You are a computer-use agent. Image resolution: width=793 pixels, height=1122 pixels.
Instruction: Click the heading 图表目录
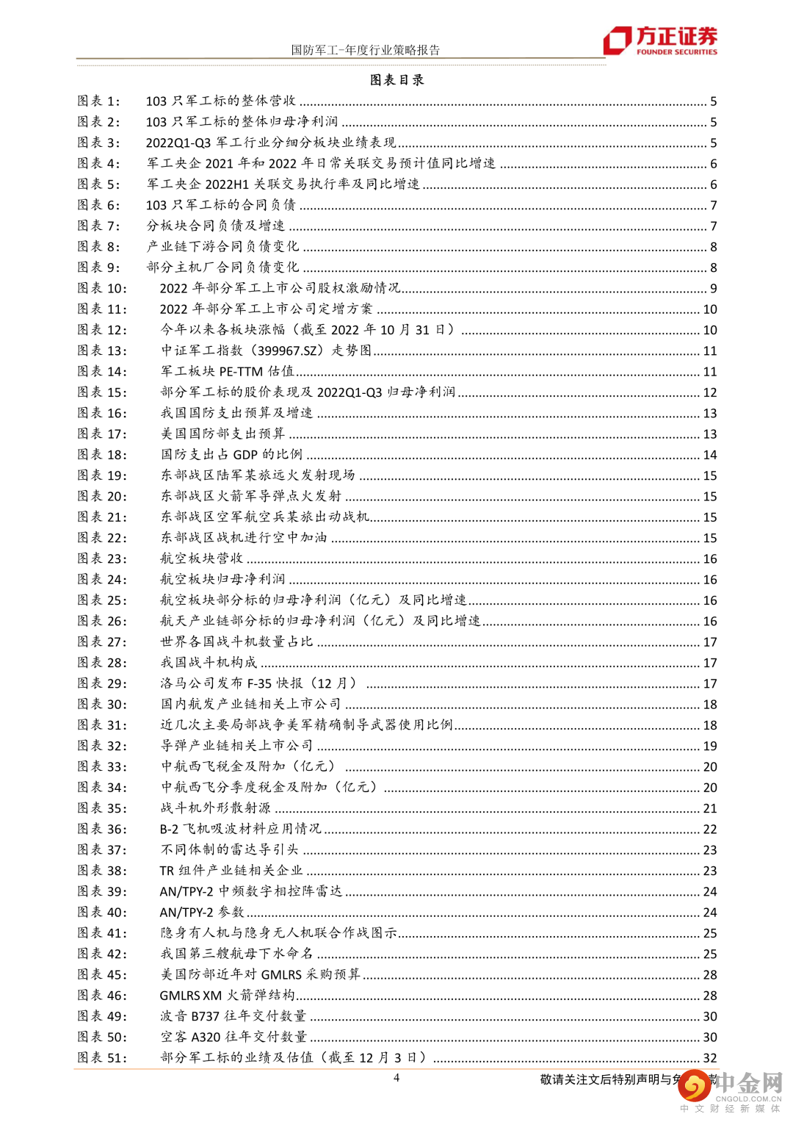396,79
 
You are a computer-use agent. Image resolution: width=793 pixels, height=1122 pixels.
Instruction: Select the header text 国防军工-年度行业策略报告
366,50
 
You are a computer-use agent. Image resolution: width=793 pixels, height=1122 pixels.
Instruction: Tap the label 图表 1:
98,101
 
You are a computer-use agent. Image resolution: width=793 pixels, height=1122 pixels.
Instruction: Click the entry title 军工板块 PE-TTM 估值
227,372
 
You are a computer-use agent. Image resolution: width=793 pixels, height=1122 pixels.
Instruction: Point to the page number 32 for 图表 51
709,1058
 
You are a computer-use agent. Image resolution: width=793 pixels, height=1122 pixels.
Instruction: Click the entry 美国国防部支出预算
222,434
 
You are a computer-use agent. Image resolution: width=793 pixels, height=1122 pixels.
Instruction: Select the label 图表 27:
102,642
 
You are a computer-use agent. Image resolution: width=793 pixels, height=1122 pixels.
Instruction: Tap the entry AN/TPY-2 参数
202,913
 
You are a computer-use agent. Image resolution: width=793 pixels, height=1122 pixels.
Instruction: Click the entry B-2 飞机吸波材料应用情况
240,829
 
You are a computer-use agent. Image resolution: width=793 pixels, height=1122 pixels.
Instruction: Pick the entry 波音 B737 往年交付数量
233,1016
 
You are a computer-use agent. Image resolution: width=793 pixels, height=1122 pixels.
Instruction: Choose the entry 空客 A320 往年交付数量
233,1037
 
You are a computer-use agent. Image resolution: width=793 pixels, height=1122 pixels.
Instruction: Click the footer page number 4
396,1078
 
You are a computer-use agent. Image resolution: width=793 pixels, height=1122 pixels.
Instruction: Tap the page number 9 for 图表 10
713,289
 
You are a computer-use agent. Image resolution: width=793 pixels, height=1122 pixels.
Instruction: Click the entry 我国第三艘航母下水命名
236,954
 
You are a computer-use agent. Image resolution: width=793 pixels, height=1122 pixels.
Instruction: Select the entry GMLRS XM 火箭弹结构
227,996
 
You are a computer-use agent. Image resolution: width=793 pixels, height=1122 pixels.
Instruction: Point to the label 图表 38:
102,871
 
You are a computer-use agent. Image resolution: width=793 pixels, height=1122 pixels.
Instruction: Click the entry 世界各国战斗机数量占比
236,642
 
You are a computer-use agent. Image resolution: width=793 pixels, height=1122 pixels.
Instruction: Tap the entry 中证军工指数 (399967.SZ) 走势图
266,351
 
